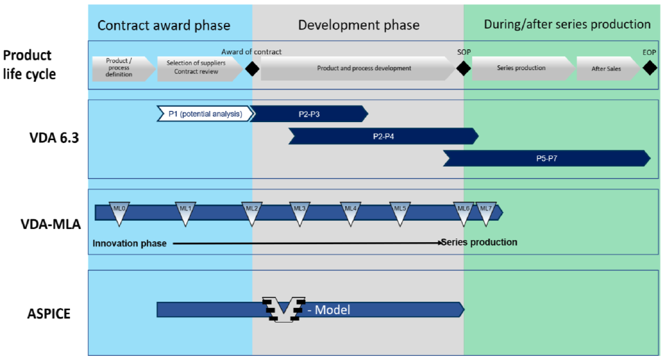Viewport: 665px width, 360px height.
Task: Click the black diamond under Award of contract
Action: tap(252, 69)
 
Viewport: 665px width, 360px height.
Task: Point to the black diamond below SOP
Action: tap(463, 69)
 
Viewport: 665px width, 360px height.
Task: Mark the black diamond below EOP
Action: tap(649, 68)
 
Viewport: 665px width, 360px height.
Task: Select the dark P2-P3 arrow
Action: tap(309, 114)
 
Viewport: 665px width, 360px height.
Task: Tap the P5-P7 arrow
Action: tap(546, 159)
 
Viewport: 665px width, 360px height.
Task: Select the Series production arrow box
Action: tap(521, 69)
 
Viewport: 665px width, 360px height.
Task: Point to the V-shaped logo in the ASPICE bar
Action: tap(284, 309)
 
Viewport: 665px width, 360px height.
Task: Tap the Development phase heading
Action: tap(359, 25)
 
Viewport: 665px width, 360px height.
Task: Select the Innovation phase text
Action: tap(129, 243)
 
